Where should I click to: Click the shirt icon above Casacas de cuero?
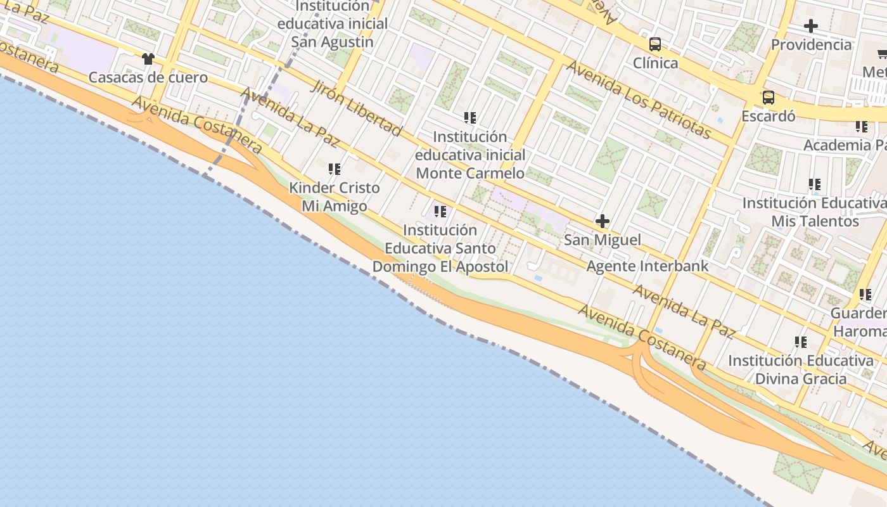coord(148,59)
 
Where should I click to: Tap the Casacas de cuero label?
coord(148,77)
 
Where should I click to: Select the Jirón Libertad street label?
coord(355,107)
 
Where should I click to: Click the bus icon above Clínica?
coord(655,44)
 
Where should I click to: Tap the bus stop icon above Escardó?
coord(769,98)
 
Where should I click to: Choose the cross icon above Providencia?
coord(811,26)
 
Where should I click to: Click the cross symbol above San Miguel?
coord(603,221)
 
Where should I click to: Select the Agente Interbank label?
coord(648,266)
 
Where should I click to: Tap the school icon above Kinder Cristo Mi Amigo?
coord(335,169)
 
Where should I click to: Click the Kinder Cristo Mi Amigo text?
coord(335,197)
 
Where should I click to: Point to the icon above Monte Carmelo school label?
coord(470,118)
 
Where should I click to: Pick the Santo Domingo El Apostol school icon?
coord(440,211)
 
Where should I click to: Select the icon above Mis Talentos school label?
coord(815,184)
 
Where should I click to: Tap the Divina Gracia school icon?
coord(801,342)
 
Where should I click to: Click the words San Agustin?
coord(332,42)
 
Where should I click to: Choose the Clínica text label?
coord(655,63)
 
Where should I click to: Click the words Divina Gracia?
coord(800,379)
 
